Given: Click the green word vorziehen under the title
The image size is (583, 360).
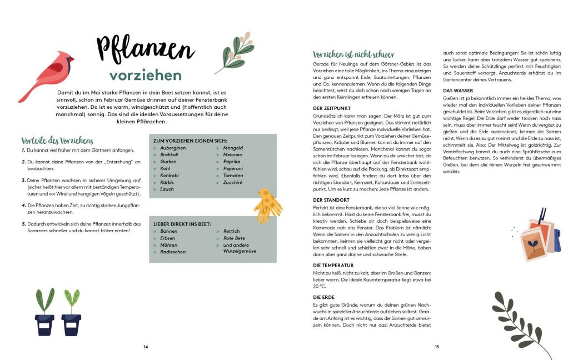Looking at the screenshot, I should click(146, 76).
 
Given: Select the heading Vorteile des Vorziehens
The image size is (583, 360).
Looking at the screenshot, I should click(57, 141).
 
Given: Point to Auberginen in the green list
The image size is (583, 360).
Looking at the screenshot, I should click(173, 148).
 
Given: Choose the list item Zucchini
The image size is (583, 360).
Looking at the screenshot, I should click(233, 182).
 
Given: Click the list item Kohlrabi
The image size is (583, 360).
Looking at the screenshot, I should click(170, 176).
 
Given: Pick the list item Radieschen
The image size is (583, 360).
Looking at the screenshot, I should click(173, 252).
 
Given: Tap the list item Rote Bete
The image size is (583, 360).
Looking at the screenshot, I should click(234, 238).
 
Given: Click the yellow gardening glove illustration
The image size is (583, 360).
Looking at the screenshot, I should click(270, 201).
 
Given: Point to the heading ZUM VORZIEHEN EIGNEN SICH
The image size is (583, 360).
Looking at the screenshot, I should click(190, 141).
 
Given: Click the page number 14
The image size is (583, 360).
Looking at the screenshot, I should click(146, 347).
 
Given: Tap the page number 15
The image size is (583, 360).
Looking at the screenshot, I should click(437, 347).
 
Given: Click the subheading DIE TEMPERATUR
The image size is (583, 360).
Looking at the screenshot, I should click(333, 265).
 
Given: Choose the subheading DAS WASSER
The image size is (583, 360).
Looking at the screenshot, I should click(458, 90).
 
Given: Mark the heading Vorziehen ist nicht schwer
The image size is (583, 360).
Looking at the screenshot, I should click(353, 54).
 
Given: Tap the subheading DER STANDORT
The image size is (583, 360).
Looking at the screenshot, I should click(331, 199).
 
